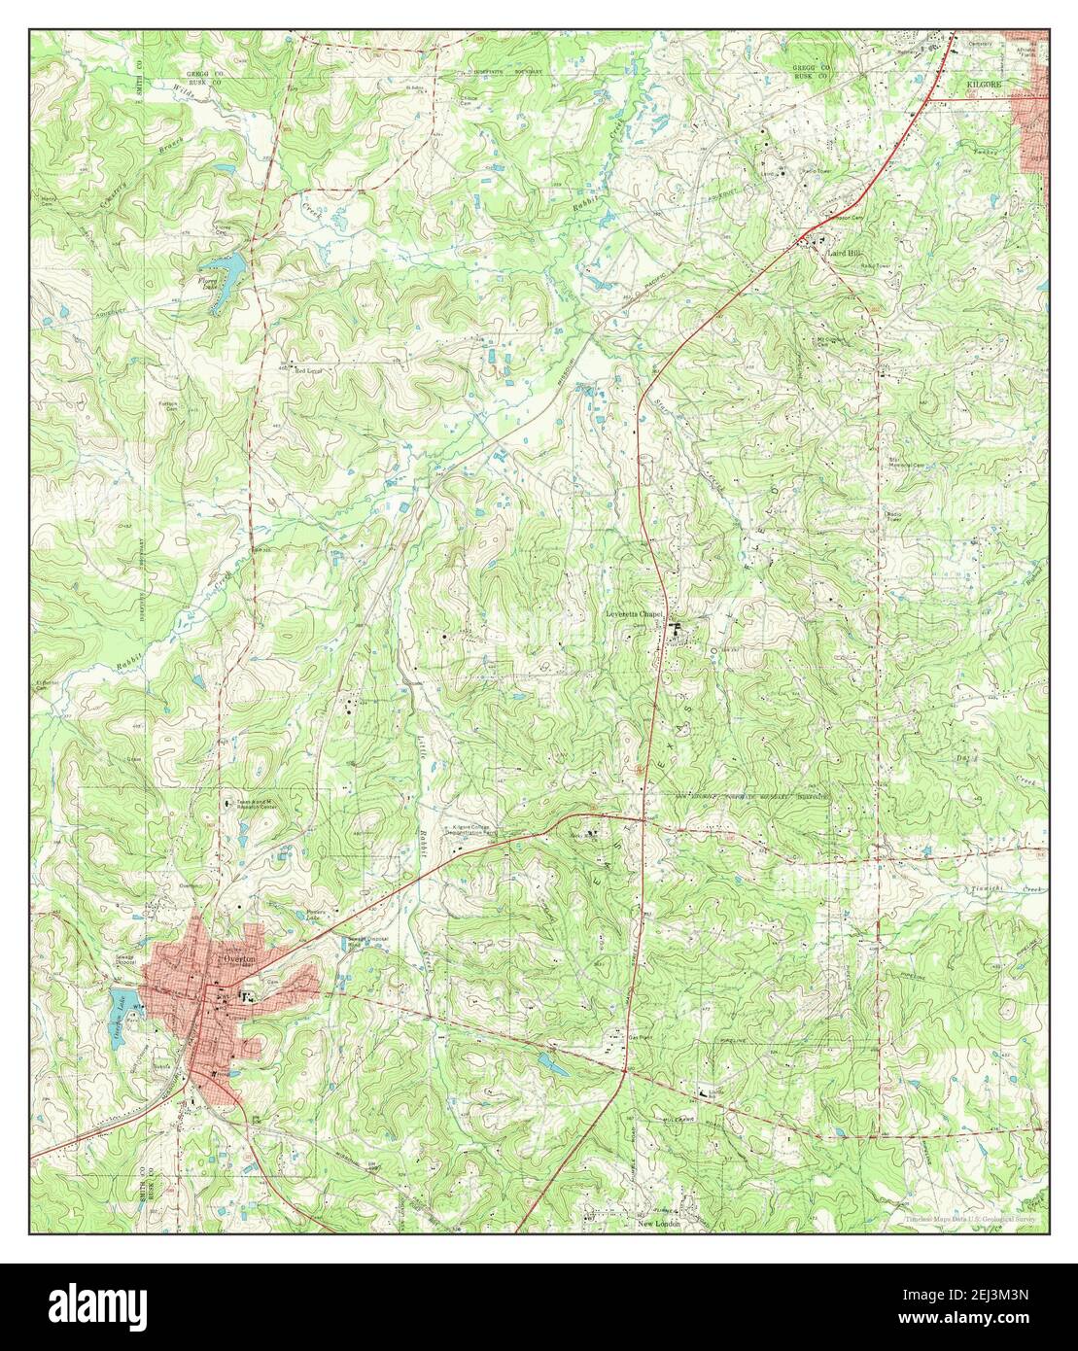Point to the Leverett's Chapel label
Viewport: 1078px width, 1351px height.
click(x=634, y=614)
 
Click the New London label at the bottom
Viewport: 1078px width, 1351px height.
click(x=660, y=1224)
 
